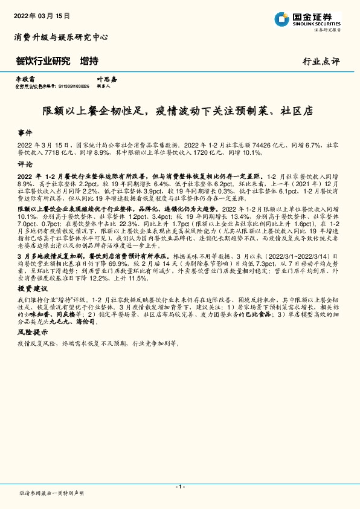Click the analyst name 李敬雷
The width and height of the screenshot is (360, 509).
click(x=25, y=79)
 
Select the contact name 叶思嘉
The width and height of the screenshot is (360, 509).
click(x=106, y=79)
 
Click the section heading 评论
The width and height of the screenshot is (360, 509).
click(x=25, y=164)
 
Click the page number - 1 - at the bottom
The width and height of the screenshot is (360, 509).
click(x=179, y=487)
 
